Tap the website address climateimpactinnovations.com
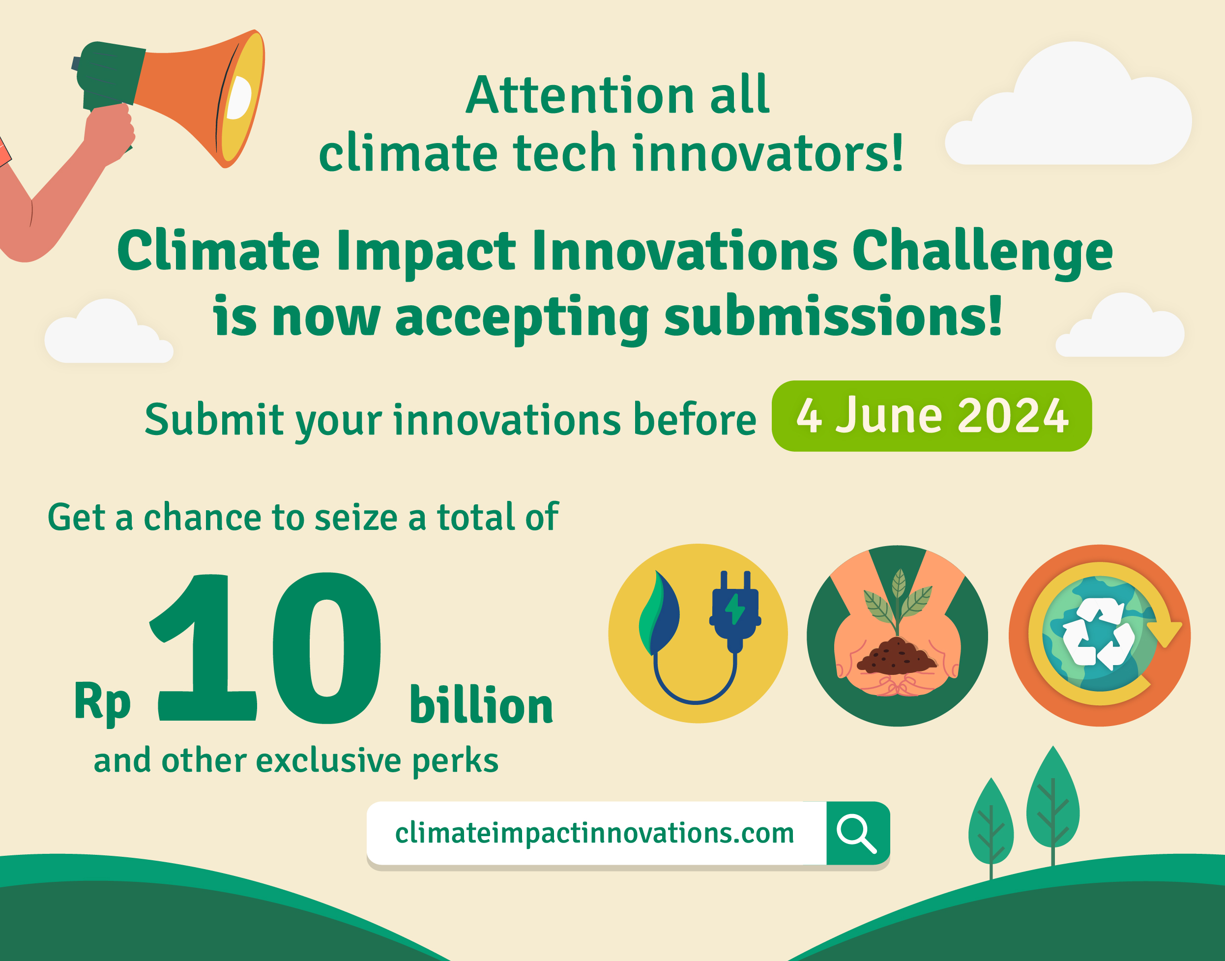click(594, 834)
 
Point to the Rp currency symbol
click(102, 703)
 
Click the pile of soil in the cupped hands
click(896, 657)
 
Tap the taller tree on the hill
click(1053, 805)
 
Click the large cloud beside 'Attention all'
click(1068, 104)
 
